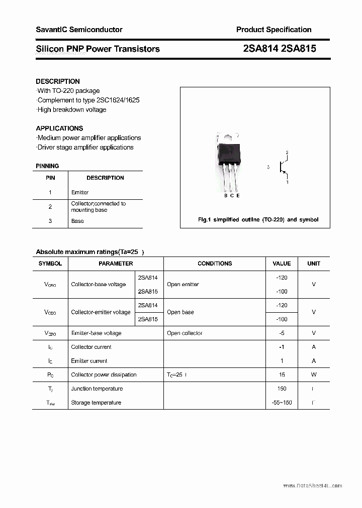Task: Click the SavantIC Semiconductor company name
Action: [x=79, y=30]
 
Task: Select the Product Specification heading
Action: [x=274, y=30]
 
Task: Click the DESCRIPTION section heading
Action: [x=58, y=81]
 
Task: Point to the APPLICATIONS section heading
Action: [x=59, y=128]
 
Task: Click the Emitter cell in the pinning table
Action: [x=80, y=192]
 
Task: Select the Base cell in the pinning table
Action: [x=77, y=221]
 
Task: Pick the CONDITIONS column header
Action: [x=215, y=264]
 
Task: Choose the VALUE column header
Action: [x=282, y=264]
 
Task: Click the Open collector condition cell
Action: [x=185, y=333]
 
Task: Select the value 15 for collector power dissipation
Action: [x=282, y=374]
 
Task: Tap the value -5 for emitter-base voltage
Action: [x=282, y=333]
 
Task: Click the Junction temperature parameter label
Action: [x=97, y=389]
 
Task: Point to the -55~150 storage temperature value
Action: [x=282, y=403]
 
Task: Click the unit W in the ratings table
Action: [x=314, y=374]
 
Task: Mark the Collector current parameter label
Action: [x=91, y=347]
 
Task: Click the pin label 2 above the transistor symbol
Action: [x=287, y=152]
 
